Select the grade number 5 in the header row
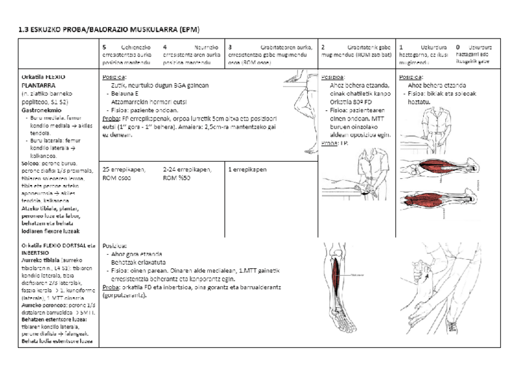point(104,47)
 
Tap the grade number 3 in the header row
point(229,47)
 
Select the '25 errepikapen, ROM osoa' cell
point(123,172)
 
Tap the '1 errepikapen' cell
point(247,169)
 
